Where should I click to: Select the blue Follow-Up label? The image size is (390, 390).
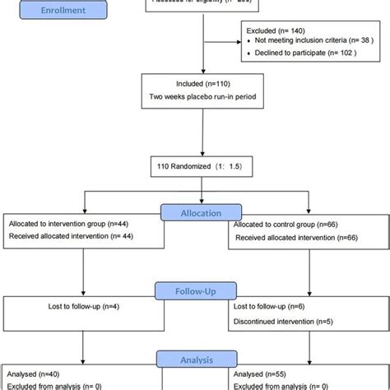tap(195, 290)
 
